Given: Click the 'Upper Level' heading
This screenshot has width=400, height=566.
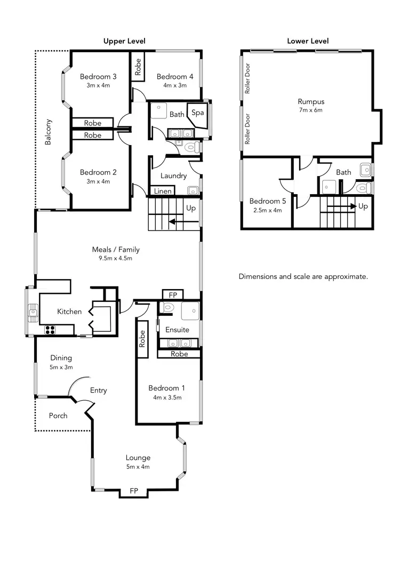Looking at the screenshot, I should [124, 41].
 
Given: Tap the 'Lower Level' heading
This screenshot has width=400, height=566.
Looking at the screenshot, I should [308, 41].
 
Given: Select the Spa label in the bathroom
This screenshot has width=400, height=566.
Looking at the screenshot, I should [198, 113].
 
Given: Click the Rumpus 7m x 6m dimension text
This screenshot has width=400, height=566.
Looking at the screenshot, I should [311, 110].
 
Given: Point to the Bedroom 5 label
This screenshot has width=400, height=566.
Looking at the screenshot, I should [265, 201].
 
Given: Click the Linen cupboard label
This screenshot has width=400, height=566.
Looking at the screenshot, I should [163, 191].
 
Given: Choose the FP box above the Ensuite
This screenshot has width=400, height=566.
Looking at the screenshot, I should [172, 294].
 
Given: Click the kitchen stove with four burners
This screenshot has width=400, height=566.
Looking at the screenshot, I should [50, 329].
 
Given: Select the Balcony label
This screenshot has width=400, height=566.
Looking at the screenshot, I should [48, 132].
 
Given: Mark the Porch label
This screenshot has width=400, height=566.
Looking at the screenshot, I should [58, 415].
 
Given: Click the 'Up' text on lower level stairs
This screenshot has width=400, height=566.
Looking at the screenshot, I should [363, 206].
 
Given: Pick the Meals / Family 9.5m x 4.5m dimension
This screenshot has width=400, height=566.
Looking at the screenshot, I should [115, 258].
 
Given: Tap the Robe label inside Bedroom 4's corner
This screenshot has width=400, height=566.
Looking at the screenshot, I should [138, 67].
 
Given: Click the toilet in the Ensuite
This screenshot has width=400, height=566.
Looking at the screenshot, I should [167, 307].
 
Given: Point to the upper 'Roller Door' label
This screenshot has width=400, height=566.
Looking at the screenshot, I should [247, 78].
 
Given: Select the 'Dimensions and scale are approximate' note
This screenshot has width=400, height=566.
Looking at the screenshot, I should [303, 277].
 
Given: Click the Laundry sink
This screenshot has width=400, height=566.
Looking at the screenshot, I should [191, 190].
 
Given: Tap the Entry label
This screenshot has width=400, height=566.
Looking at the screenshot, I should [98, 390].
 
